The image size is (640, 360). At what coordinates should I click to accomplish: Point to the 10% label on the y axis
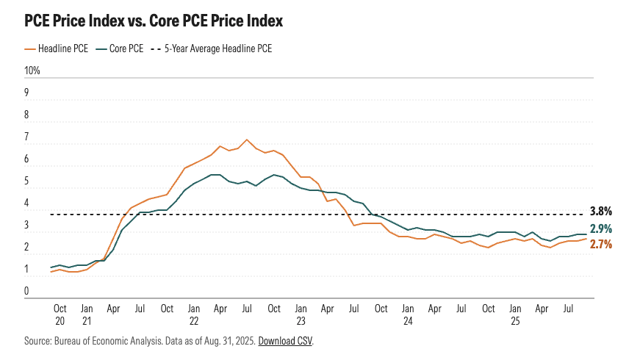pos(32,71)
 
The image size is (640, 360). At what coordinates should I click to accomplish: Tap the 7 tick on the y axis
pos(27,137)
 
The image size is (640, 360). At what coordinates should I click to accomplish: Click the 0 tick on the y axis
pos(27,292)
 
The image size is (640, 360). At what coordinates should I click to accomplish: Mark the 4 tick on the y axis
pos(27,204)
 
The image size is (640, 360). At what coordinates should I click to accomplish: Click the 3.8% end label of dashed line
pos(601,211)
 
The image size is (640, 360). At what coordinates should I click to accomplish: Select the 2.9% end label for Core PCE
pos(601,229)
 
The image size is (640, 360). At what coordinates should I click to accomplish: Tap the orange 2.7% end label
pos(601,245)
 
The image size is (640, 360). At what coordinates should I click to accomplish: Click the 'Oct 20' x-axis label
pos(60,314)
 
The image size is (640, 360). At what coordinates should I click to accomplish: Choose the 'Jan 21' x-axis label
pos(86,314)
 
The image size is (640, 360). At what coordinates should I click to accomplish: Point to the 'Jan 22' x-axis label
pos(193,314)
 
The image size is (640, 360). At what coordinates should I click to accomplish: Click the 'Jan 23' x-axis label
pos(301,314)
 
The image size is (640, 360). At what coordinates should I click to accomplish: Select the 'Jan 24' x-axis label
pos(408,314)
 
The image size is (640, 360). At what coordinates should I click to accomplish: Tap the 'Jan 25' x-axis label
pos(515,314)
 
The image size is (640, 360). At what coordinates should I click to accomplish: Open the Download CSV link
pos(285,342)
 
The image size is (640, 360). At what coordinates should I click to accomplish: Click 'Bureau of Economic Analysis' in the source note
pos(104,342)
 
